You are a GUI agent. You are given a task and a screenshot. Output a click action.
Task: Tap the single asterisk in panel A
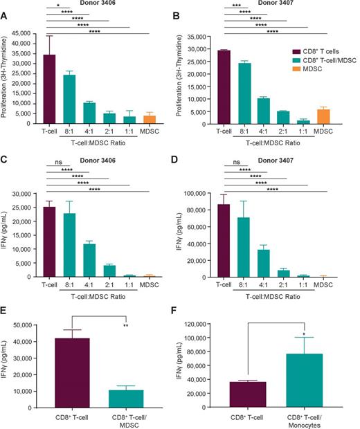point(57,5)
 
